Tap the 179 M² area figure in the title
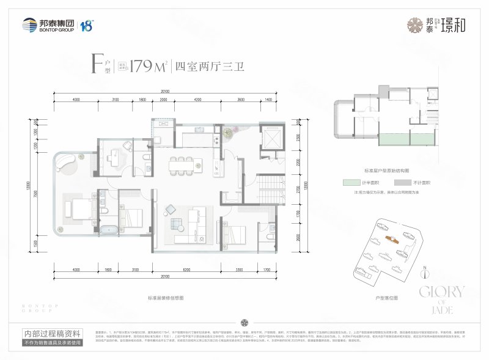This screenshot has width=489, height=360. click(x=149, y=67)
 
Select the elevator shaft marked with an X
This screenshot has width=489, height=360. click(x=271, y=139)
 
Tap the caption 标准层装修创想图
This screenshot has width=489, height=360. click(x=166, y=296)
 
